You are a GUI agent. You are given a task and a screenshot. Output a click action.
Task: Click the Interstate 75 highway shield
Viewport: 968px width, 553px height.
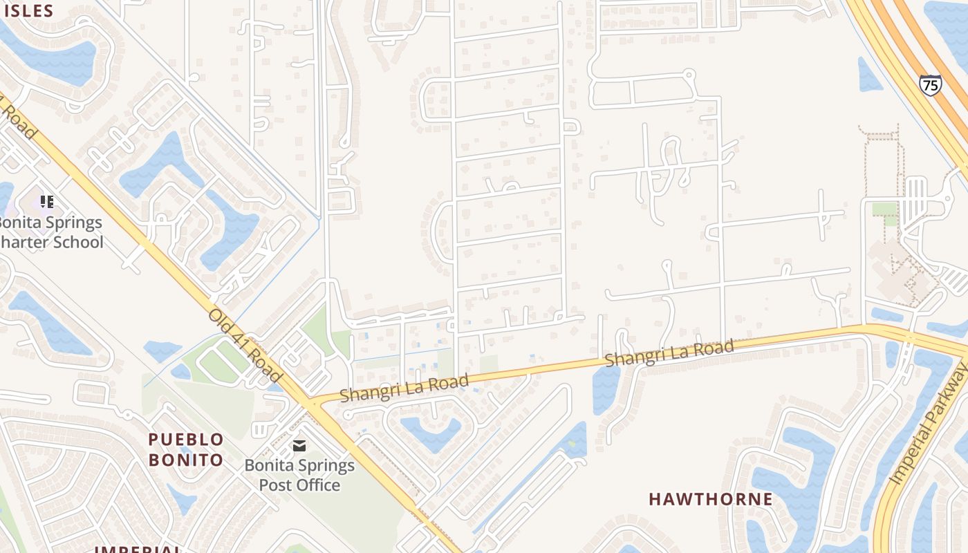[930, 85]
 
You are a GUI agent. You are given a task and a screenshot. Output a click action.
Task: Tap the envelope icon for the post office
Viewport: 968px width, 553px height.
[299, 446]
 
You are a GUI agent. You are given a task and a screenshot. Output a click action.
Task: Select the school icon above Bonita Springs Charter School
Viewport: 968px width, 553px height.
[46, 202]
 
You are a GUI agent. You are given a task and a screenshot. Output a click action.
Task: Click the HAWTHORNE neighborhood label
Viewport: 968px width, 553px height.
[711, 499]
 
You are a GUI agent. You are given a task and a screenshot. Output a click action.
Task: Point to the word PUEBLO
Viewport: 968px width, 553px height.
[186, 440]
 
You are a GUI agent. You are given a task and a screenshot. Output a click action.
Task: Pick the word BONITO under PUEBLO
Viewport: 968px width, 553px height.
[186, 460]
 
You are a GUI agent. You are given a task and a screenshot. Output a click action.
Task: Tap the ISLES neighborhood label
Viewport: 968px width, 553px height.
[28, 10]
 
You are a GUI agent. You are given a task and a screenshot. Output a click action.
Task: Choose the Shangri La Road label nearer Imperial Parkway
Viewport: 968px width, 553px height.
[669, 353]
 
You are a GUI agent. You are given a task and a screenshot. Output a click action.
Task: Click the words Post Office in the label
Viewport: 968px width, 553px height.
[299, 485]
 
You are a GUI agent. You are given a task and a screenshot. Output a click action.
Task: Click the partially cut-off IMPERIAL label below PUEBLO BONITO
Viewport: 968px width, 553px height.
[138, 549]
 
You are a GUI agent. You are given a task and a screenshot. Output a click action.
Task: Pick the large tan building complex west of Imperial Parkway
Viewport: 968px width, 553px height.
[899, 273]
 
